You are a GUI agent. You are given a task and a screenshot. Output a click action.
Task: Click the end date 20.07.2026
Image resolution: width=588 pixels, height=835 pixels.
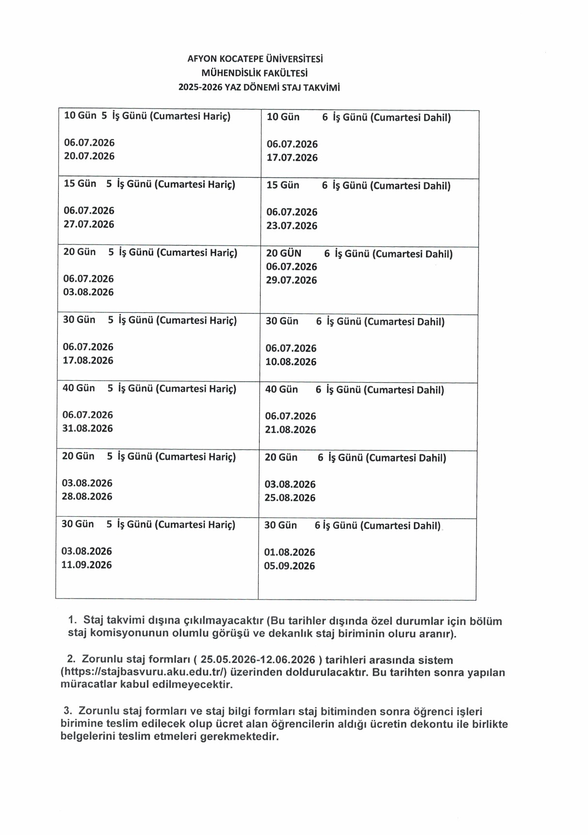[89, 156]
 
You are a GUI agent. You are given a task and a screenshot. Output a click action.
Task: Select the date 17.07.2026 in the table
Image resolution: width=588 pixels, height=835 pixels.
[292, 157]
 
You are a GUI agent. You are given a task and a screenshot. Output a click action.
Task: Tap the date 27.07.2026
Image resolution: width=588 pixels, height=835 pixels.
[89, 224]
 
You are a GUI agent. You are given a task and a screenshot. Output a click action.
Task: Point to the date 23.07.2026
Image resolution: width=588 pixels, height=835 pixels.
[292, 226]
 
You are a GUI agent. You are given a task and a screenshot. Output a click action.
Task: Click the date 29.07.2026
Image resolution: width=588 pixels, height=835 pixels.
[291, 280]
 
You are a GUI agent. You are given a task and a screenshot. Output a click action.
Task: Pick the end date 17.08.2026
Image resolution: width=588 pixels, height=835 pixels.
[88, 360]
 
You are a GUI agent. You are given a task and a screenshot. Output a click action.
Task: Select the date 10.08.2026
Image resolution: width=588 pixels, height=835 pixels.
[291, 362]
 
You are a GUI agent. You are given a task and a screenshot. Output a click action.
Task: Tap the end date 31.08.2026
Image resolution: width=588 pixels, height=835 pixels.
[87, 428]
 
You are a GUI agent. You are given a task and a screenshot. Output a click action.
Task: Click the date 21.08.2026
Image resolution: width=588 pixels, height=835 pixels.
[290, 430]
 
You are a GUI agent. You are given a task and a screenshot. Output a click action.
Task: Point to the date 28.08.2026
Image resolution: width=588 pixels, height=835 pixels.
[87, 496]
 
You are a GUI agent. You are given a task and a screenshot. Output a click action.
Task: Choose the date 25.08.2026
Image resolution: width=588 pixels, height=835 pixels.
[290, 498]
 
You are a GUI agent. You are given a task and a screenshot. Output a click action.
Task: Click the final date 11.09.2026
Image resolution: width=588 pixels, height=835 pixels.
[86, 565]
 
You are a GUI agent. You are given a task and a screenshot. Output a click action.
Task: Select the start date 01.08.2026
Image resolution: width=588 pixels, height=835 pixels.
[289, 552]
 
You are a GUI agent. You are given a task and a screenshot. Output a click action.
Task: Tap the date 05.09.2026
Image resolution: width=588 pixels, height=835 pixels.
[289, 566]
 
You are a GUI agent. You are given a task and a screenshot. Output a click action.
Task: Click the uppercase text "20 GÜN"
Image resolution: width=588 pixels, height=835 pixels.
[283, 253]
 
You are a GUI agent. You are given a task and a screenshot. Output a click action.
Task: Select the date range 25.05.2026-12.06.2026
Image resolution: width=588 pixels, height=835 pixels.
[258, 660]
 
